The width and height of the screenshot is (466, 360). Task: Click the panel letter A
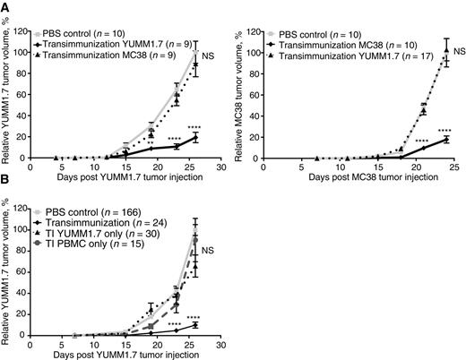point(5,5)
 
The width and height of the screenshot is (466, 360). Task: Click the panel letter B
point(5,189)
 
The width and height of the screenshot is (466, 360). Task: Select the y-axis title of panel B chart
point(7,267)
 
